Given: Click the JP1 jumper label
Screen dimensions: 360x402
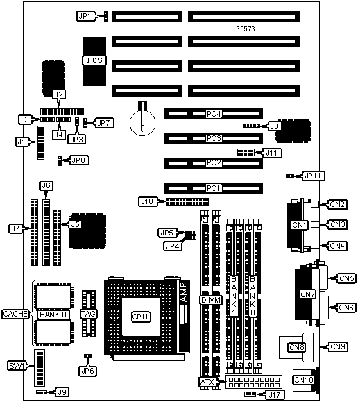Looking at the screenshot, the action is click(84, 16).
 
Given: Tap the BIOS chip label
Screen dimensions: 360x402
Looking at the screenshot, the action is click(94, 60).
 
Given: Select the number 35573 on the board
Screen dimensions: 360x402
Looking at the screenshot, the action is click(246, 28).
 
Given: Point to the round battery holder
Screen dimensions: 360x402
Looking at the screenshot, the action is click(143, 123).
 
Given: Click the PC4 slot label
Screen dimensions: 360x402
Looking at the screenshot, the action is click(214, 114).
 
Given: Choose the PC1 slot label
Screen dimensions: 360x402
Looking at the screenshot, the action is click(213, 188).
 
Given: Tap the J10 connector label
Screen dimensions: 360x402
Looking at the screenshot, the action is click(147, 201).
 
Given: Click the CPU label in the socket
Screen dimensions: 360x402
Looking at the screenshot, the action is click(140, 317).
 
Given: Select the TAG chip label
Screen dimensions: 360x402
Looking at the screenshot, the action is click(88, 314).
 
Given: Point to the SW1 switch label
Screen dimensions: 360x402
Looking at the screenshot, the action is click(17, 366).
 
